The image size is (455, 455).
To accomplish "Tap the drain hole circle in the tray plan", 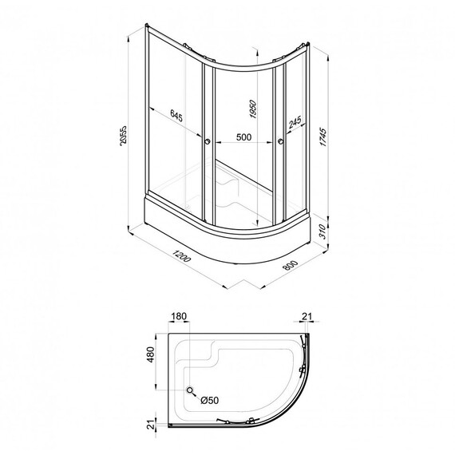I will [x=190, y=390].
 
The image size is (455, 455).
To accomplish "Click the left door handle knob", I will [x=208, y=142].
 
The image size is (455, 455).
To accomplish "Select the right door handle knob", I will [x=282, y=143].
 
